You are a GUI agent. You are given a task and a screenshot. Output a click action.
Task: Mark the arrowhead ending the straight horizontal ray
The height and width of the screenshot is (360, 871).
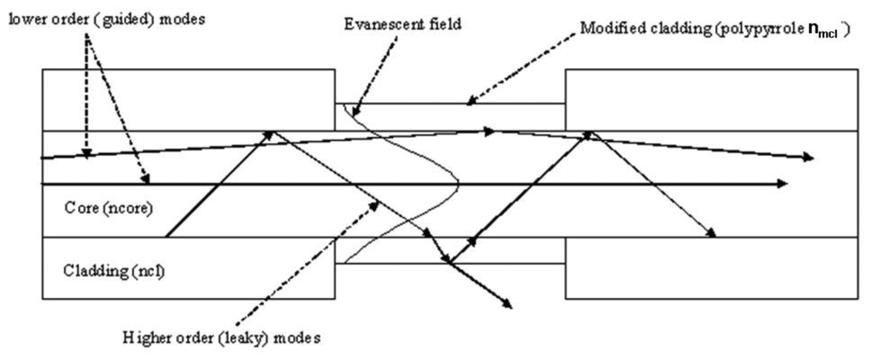tap(783, 183)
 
